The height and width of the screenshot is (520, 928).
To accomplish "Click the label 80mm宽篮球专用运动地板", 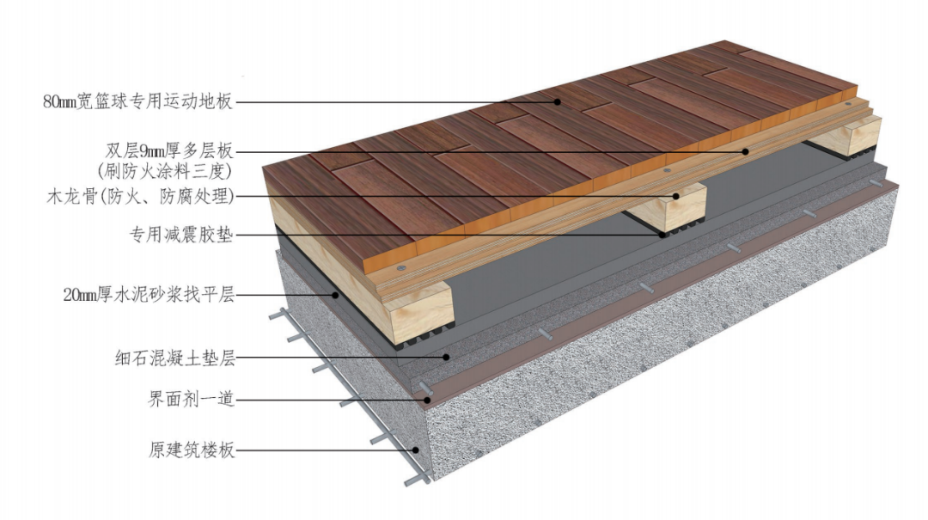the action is click(138, 101).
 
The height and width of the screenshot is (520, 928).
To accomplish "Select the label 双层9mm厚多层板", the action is click(169, 151).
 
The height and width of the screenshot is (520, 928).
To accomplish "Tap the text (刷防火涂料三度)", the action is click(164, 171).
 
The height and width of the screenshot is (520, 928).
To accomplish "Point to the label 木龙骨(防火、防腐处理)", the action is click(140, 196).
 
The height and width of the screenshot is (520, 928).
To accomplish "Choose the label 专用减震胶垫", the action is click(181, 235).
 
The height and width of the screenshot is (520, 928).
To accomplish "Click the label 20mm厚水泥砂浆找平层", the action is click(150, 294).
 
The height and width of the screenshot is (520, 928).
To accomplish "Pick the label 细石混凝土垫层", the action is click(175, 358).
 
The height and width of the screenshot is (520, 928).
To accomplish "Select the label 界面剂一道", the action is click(191, 399).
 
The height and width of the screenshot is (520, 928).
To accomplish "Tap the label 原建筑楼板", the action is click(191, 450).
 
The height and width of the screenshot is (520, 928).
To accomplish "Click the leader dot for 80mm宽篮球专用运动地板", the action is click(558, 102).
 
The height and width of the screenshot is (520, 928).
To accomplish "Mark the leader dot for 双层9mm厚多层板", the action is click(746, 151).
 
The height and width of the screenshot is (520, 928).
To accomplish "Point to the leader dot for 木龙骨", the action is click(675, 196).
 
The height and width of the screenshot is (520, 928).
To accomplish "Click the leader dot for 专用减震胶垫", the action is click(662, 235).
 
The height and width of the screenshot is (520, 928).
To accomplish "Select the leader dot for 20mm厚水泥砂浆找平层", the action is click(335, 294).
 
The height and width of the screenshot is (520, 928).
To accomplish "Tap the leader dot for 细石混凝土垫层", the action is click(447, 358).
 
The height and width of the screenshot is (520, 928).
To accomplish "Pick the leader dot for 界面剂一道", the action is click(427, 400).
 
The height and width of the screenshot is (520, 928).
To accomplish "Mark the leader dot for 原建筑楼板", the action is click(416, 450).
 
